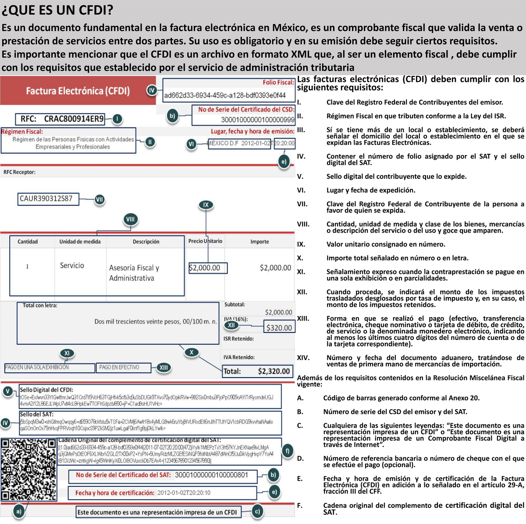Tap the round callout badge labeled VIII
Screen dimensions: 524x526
131,219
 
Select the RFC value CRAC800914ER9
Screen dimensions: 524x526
74,119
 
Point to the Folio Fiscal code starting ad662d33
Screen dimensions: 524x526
224,96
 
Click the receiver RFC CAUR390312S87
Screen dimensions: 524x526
46,198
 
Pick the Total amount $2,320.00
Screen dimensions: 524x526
274,371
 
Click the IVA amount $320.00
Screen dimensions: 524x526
279,327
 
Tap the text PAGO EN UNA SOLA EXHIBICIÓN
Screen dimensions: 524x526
37,367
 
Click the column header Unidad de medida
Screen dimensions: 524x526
80,241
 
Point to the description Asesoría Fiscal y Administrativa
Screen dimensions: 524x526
134,273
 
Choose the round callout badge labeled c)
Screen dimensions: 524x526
257,511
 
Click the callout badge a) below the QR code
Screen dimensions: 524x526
18,511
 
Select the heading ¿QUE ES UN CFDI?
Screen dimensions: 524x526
57,10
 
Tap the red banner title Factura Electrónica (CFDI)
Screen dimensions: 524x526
78,91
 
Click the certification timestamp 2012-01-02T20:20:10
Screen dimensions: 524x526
184,492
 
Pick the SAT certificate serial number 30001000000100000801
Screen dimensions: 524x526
211,474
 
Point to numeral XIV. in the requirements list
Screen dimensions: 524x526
303,358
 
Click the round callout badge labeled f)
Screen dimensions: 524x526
288,450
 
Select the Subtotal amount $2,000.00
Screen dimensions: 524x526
278,312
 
